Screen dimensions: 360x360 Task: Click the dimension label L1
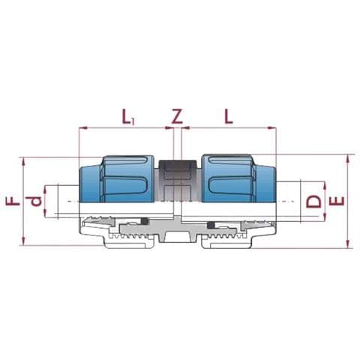pos(128,117)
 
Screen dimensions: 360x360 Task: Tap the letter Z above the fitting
pos(177,116)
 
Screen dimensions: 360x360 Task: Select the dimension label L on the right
pos(229,116)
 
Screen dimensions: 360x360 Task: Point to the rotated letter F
pos(13,201)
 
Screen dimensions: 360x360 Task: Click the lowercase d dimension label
pos(35,201)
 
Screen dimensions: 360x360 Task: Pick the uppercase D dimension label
pos(313,201)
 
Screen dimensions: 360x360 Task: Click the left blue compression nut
pos(116,178)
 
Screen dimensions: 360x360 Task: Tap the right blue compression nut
pos(239,178)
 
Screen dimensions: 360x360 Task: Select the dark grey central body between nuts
pos(178,181)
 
